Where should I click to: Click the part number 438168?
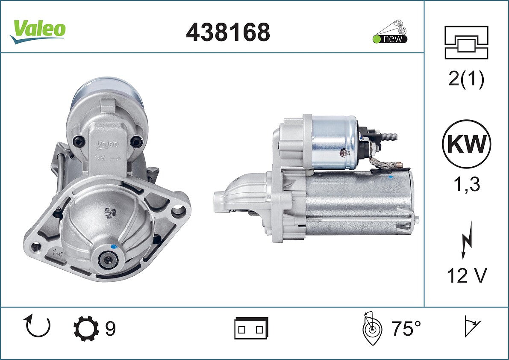(x=228, y=32)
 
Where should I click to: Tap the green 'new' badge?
(x=390, y=38)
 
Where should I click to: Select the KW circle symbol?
(x=466, y=144)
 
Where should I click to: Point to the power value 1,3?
(x=466, y=185)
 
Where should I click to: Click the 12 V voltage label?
(x=467, y=275)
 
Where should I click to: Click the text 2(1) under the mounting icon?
(x=466, y=79)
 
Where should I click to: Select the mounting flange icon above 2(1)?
(x=466, y=42)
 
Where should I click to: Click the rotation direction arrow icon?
(x=38, y=326)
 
